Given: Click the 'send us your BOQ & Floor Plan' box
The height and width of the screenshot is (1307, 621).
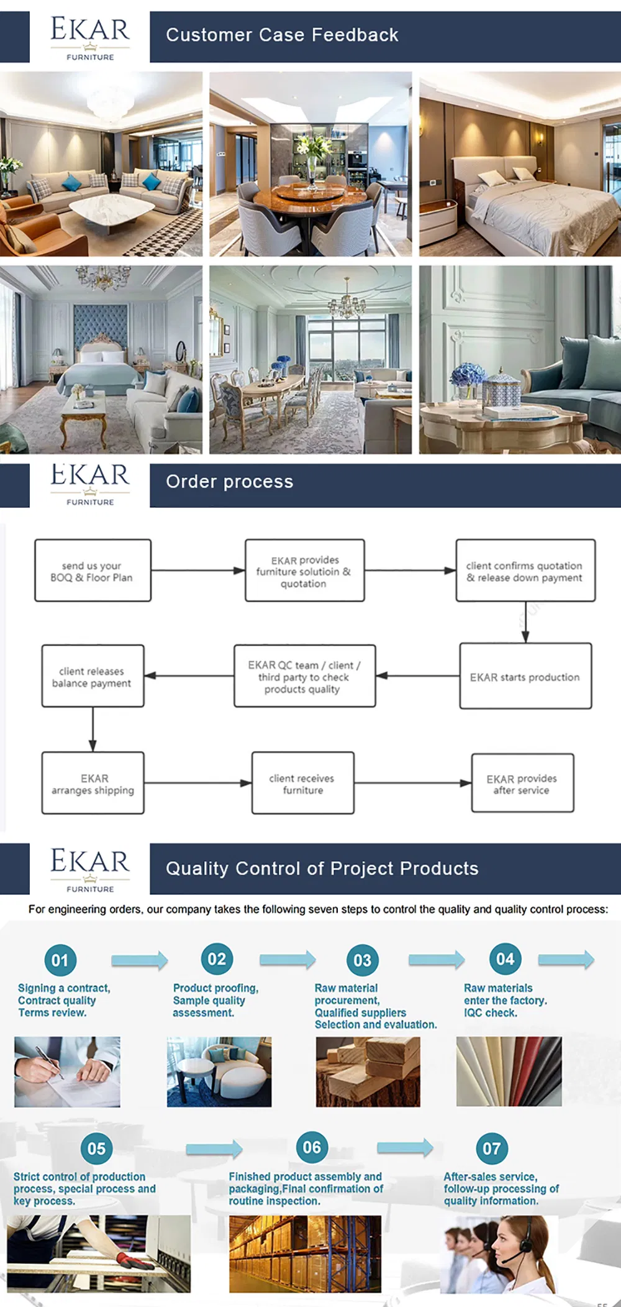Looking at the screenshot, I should [x=93, y=571].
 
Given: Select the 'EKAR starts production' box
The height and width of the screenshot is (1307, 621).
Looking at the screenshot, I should [x=525, y=676].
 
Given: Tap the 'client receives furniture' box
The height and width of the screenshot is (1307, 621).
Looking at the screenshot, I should [x=302, y=783].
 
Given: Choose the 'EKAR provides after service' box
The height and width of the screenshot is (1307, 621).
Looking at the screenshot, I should [x=522, y=783].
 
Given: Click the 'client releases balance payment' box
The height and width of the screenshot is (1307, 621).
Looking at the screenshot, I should [x=93, y=676].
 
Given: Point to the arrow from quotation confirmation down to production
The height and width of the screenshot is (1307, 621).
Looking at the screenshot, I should [x=525, y=622].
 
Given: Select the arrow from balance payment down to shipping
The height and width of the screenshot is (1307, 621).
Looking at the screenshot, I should [x=93, y=729].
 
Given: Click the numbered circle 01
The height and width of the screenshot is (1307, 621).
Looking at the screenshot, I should [x=60, y=960].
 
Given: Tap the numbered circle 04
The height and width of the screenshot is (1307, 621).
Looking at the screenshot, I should [x=505, y=959].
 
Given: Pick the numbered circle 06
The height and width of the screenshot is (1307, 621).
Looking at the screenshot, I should [x=312, y=1147].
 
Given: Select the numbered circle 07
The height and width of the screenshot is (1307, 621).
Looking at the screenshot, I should [x=491, y=1148].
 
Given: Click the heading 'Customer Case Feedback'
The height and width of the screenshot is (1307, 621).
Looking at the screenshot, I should [x=282, y=35].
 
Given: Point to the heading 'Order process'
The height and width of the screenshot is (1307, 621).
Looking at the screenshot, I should [x=229, y=482].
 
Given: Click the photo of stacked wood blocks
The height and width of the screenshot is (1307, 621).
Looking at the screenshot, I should [x=368, y=1071].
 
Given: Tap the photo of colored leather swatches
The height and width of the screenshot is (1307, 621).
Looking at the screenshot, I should [x=509, y=1071].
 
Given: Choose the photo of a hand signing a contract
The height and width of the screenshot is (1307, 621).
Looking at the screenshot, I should [x=67, y=1071].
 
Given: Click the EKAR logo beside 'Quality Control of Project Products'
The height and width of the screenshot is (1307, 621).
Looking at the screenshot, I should [x=90, y=868].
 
